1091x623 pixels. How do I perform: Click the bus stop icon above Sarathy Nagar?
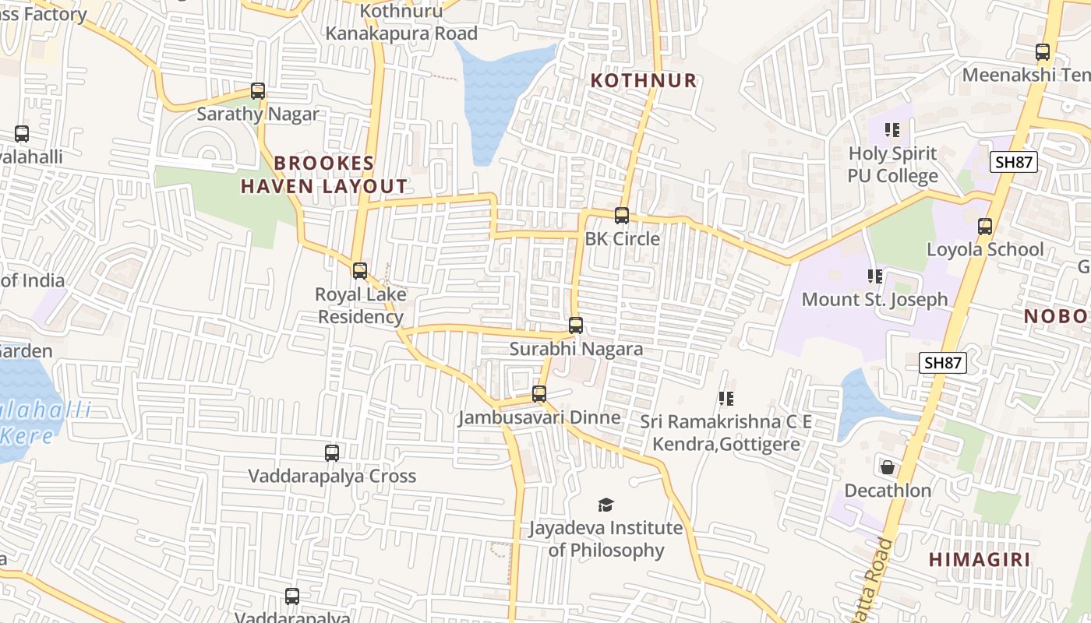(x=258, y=91)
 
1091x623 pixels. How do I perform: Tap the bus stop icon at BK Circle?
(x=622, y=216)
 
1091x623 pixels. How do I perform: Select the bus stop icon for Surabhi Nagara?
(x=576, y=326)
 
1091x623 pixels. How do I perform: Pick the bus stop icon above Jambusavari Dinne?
(x=539, y=394)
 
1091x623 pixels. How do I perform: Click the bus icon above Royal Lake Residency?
(x=360, y=271)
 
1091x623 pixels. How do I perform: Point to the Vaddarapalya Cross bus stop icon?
(x=332, y=452)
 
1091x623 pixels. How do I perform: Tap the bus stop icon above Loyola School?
(x=985, y=227)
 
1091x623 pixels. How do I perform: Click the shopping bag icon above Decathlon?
(x=887, y=467)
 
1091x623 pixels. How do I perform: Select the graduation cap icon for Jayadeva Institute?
(x=606, y=505)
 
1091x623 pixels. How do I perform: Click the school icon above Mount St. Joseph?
(x=875, y=276)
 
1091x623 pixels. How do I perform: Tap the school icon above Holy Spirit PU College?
(x=892, y=130)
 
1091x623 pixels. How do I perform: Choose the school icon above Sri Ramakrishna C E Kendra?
(x=726, y=399)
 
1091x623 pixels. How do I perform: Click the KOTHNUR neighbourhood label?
(x=643, y=80)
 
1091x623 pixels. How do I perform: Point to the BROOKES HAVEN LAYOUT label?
(x=324, y=174)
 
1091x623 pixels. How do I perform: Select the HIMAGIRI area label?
(x=980, y=559)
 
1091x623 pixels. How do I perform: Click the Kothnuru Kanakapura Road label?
(x=401, y=23)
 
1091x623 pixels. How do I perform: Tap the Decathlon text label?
(x=888, y=491)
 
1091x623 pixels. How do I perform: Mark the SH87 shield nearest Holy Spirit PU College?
(x=1014, y=162)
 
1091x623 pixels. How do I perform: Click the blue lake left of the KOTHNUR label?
(x=499, y=93)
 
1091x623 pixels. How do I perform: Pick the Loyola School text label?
(x=984, y=249)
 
